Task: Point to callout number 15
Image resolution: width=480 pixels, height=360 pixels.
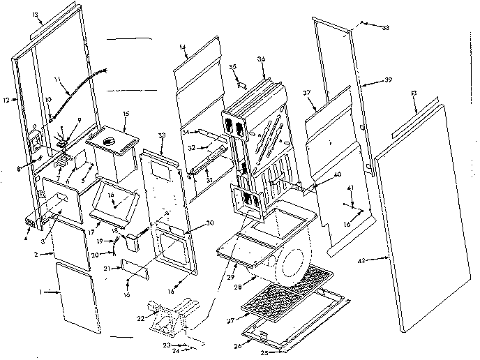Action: [x=126, y=113]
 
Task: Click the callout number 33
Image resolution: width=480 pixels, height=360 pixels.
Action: [x=162, y=134]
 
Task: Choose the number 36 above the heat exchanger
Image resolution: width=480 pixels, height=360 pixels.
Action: [x=262, y=59]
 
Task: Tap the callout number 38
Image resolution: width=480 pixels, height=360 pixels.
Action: [x=386, y=28]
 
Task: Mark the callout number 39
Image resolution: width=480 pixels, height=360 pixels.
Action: [x=388, y=80]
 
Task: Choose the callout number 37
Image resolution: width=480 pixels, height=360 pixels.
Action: [x=306, y=93]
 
